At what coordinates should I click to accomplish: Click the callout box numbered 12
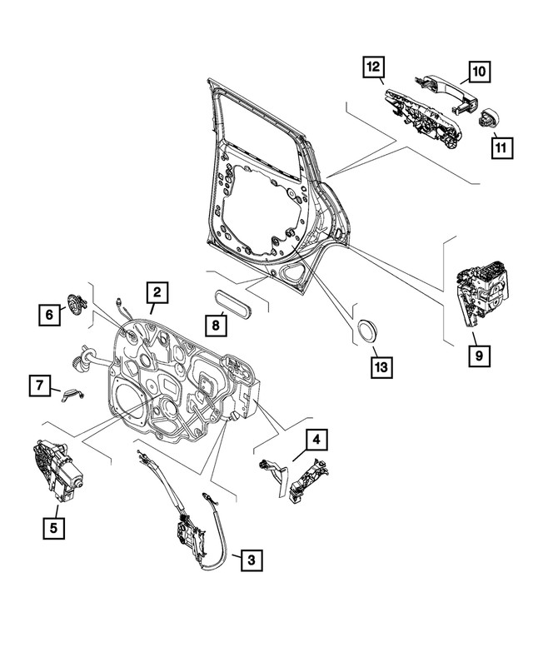[372, 64]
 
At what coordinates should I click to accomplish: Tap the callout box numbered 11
[500, 148]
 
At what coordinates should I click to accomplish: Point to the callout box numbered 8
[216, 324]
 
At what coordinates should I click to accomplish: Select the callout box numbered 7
[38, 386]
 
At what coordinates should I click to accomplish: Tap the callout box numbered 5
[57, 526]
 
